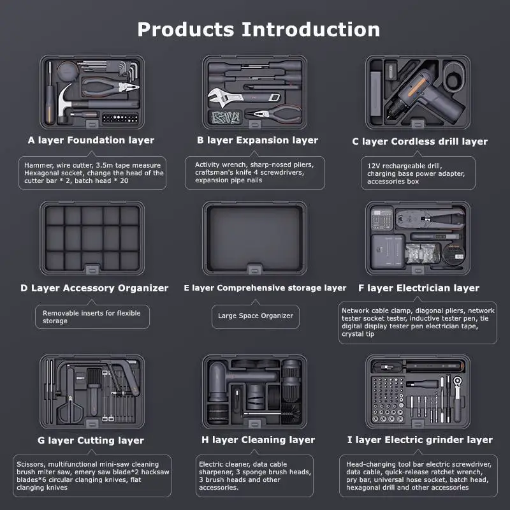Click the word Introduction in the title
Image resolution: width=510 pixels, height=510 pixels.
310,29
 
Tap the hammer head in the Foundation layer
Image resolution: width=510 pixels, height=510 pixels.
65,101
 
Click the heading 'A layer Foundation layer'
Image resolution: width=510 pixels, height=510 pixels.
91,140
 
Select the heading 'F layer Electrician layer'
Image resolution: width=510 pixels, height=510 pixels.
419,288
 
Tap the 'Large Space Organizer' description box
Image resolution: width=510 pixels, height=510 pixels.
256,316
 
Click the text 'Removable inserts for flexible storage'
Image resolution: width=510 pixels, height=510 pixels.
91,317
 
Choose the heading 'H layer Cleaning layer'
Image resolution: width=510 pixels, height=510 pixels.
258,440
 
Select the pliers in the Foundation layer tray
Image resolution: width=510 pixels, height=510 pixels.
110,87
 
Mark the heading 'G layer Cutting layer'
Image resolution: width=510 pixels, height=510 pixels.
91,440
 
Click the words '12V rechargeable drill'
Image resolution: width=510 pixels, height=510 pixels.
404,166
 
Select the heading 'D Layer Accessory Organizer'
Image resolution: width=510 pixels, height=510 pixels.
94,288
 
